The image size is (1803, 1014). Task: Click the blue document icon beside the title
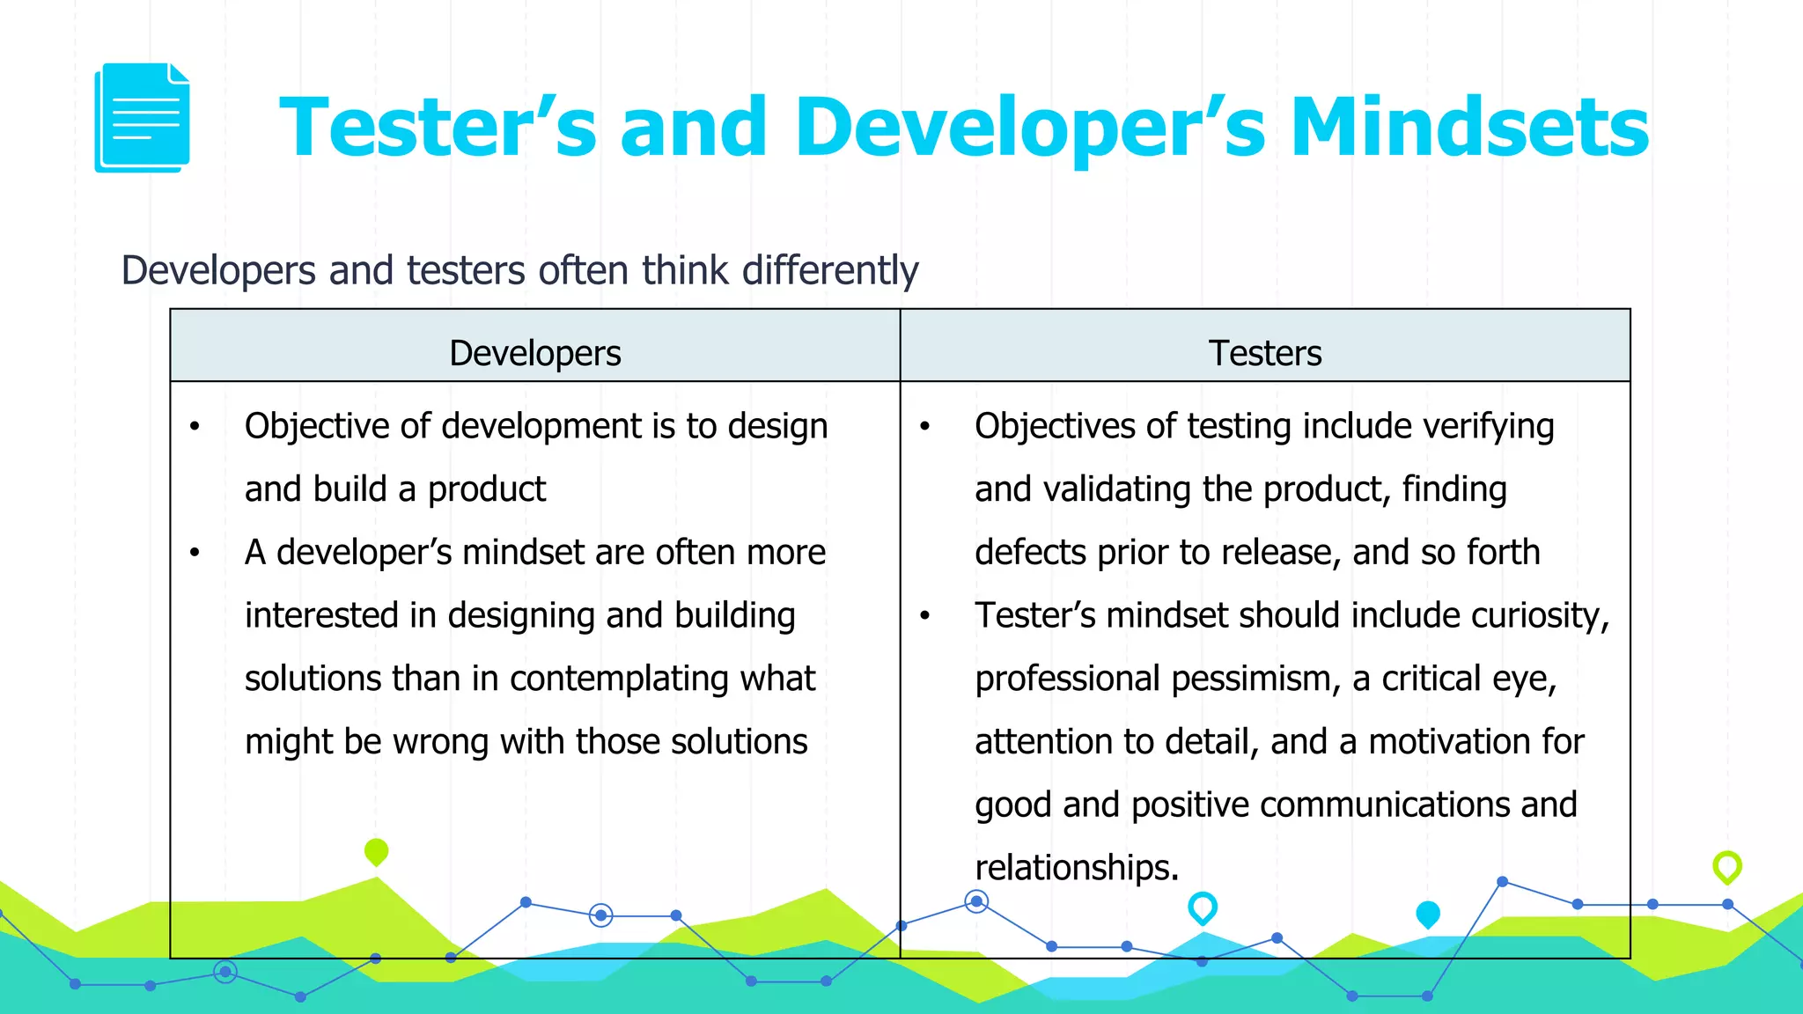click(x=142, y=117)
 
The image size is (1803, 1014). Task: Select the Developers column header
click(x=534, y=353)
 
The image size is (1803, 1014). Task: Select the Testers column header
click(x=1264, y=353)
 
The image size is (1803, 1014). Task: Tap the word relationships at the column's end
click(x=1076, y=868)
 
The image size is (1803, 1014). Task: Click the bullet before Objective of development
click(x=195, y=427)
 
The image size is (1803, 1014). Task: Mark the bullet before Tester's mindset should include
click(x=924, y=615)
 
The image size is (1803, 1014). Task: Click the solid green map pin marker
click(x=376, y=851)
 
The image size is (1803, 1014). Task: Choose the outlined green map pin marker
click(x=1726, y=866)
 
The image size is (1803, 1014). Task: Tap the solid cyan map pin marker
click(x=1427, y=914)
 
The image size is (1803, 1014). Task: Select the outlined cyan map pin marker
click(x=1202, y=907)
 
